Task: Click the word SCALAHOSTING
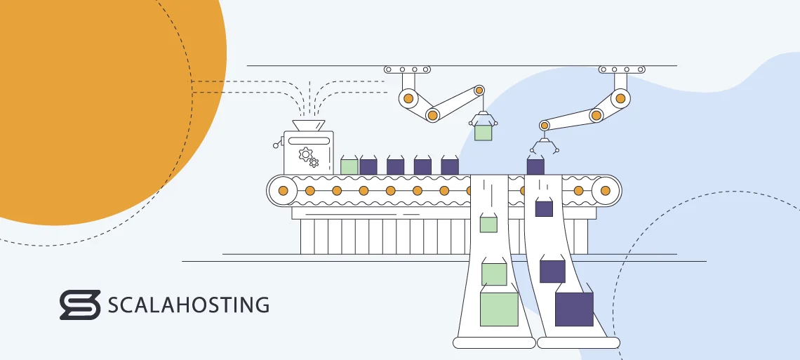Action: pos(188,305)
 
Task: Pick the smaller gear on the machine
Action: pos(314,163)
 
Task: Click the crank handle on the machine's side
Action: pos(277,143)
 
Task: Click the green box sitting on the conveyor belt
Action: pos(349,166)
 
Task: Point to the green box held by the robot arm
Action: pos(483,132)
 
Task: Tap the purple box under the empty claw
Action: pos(535,166)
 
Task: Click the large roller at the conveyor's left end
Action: pos(283,190)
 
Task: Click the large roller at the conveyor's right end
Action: pos(605,190)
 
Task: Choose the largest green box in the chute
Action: pos(499,309)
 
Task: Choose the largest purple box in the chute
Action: pos(574,309)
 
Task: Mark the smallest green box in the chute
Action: pos(488,225)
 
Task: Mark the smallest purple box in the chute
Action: pos(544,208)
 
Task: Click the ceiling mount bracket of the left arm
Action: pos(406,69)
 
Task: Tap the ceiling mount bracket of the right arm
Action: pos(622,69)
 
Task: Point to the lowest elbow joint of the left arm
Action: pos(432,114)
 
